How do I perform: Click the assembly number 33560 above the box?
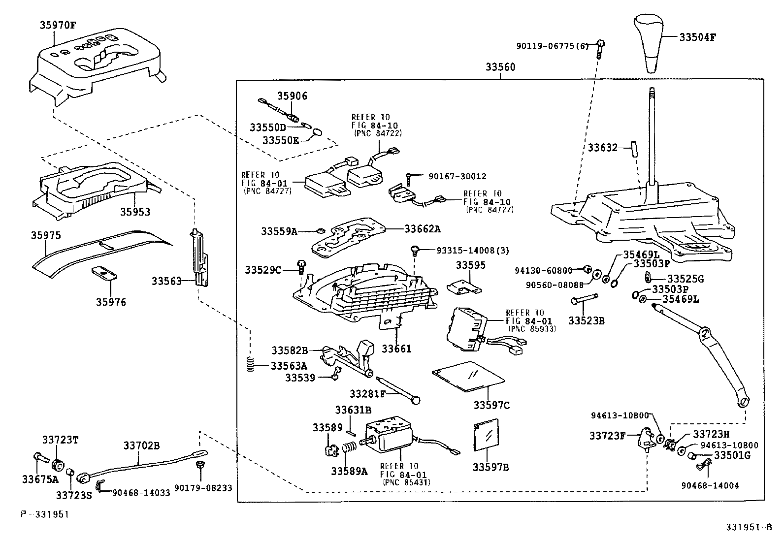coord(501,67)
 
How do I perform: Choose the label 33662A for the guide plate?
coord(423,228)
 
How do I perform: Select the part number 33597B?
coord(491,467)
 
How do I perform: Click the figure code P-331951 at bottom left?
coord(45,514)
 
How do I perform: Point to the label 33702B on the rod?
coord(141,446)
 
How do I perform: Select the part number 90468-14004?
coord(710,485)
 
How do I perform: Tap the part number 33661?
coord(396,349)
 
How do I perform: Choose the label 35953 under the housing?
coord(135,212)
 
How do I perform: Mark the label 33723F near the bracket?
coord(608,436)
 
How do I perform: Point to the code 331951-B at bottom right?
coord(748,527)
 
